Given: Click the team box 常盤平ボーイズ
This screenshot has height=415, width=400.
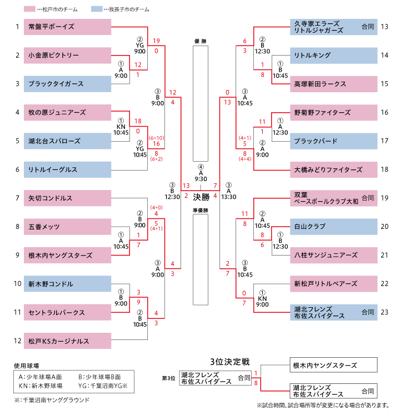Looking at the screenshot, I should (x=67, y=27).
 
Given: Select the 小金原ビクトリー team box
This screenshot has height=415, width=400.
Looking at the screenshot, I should (x=67, y=55).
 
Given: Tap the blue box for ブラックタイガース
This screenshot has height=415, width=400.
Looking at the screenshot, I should (x=67, y=83).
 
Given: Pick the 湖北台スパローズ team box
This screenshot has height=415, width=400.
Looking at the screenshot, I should (x=67, y=141).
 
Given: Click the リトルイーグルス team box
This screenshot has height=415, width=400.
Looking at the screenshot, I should (x=67, y=169).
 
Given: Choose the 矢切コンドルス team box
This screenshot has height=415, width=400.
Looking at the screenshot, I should (x=67, y=198).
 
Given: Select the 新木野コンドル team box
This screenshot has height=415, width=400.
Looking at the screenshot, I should (x=67, y=284).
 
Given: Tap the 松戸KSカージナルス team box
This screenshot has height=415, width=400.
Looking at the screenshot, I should (x=67, y=341).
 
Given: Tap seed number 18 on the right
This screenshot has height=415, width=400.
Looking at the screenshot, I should (x=384, y=169).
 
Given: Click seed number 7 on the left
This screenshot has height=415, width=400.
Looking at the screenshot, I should (x=17, y=198).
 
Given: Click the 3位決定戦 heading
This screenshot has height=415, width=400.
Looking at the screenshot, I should (x=230, y=362).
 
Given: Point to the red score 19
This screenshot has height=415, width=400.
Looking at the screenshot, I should (x=157, y=41).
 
